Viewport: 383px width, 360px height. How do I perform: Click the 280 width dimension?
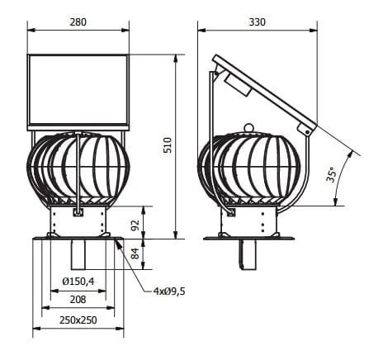pyautogui.click(x=78, y=22)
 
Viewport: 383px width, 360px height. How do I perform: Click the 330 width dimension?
pyautogui.click(x=258, y=22)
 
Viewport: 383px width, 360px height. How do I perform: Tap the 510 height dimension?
pyautogui.click(x=168, y=145)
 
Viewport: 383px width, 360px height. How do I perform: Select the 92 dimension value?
pyautogui.click(x=135, y=225)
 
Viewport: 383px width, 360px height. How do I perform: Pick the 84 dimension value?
pyautogui.click(x=135, y=253)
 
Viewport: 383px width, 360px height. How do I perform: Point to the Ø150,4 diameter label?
pyautogui.click(x=78, y=282)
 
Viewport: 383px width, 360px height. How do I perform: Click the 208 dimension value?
pyautogui.click(x=78, y=299)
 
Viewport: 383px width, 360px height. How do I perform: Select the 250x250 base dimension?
pyautogui.click(x=78, y=320)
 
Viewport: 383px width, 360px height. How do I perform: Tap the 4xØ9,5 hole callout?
pyautogui.click(x=169, y=291)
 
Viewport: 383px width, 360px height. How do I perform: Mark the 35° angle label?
pyautogui.click(x=331, y=174)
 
